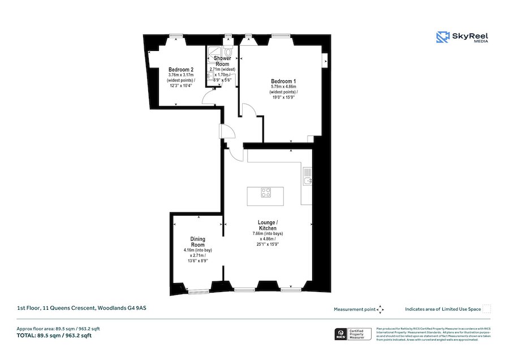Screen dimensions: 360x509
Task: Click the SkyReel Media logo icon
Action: point(442,37)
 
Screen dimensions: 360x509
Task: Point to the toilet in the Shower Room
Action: point(228,52)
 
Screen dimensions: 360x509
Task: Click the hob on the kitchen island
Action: point(265,192)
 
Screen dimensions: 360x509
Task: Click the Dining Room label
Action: point(197,242)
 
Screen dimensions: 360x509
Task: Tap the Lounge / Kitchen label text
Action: point(268,225)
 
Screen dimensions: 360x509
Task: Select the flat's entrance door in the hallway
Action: point(228,132)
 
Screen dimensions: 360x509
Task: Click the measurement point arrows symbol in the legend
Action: point(381,309)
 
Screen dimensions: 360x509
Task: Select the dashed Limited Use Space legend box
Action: point(487,309)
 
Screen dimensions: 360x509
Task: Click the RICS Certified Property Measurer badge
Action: point(354,334)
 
